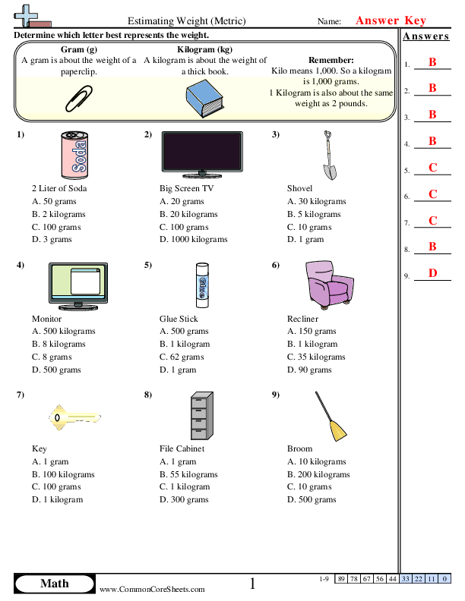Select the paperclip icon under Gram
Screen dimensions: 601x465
click(78, 97)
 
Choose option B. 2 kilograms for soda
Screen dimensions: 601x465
click(59, 214)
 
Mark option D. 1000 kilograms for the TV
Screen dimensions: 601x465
click(194, 239)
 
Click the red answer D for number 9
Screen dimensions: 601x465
click(432, 273)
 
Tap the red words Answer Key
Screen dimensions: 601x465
click(391, 21)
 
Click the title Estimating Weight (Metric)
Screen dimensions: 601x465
click(186, 22)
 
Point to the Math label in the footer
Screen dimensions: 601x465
click(54, 584)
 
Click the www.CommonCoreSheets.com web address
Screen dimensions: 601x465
click(152, 589)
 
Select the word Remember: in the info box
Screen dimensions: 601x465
click(331, 60)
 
